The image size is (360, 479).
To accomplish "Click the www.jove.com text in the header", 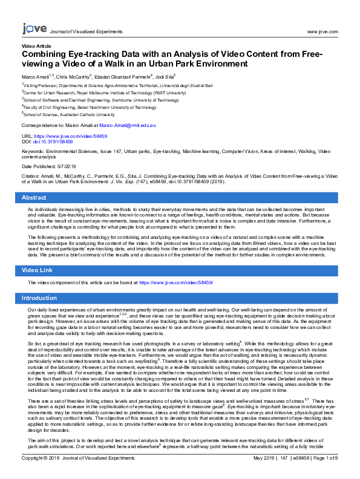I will pos(322,31).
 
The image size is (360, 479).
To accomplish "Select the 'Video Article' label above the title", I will pos(36,46).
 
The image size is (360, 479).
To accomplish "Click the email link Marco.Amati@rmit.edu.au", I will pos(128,125).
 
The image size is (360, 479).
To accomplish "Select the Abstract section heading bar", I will pos(180,198).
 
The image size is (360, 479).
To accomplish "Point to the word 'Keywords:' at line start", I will pos(33,152).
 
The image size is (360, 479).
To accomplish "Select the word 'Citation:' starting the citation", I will pos(31,175).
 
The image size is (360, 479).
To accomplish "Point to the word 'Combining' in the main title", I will pos(49,54).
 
